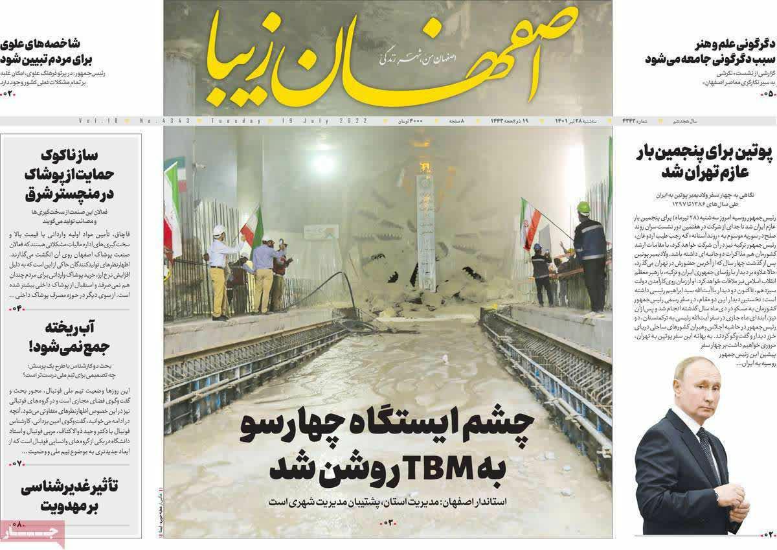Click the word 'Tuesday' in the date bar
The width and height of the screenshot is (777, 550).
(237, 121)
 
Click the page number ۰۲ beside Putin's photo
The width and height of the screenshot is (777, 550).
(767, 534)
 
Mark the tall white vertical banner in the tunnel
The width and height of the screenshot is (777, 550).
(425, 220)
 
